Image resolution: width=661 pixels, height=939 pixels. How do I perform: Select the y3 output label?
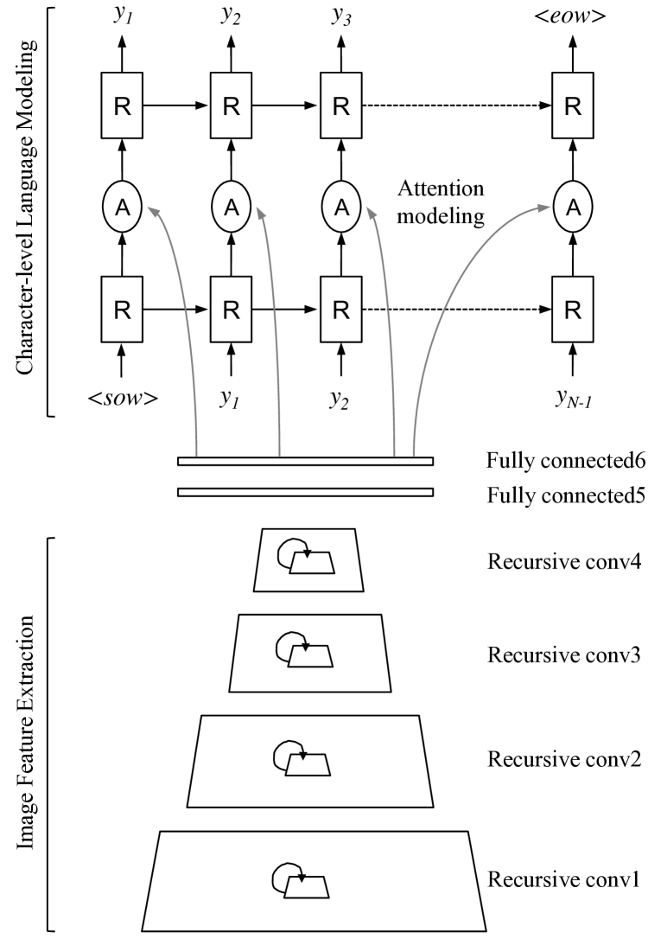coord(342,16)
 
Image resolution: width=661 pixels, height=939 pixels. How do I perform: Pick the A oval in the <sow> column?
coord(122,206)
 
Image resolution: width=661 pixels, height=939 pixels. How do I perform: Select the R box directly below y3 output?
coord(341,105)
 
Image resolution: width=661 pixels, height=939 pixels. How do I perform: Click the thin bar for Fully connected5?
coord(305,492)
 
